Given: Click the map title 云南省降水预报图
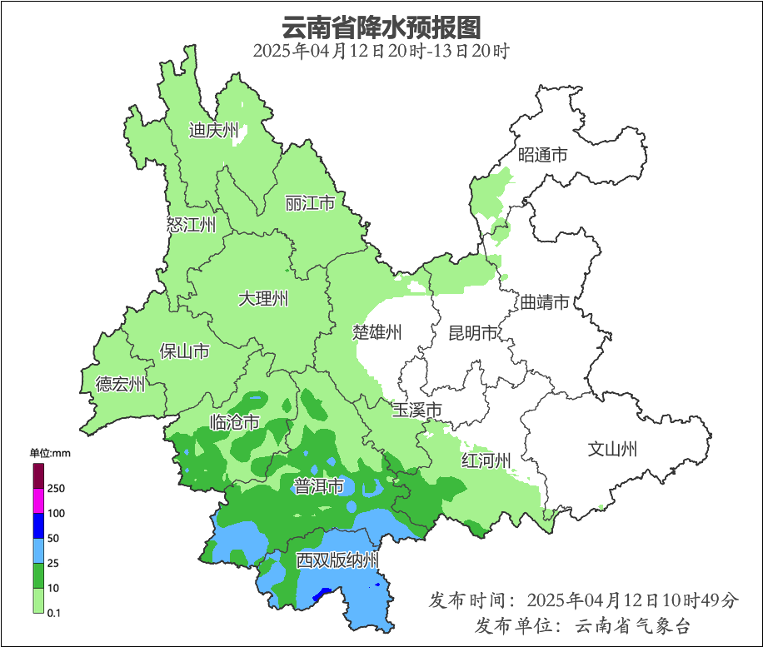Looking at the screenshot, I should pyautogui.click(x=381, y=27).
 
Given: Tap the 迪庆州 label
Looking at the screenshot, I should pyautogui.click(x=213, y=130).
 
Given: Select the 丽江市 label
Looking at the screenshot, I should pyautogui.click(x=309, y=203).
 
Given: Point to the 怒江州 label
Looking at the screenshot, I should pyautogui.click(x=191, y=225).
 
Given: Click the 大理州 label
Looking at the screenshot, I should pyautogui.click(x=263, y=298).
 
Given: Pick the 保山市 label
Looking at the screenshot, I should pyautogui.click(x=184, y=351).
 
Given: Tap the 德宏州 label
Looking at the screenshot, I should pyautogui.click(x=120, y=384).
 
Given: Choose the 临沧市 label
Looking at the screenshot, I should pyautogui.click(x=234, y=422).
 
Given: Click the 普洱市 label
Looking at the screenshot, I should pyautogui.click(x=319, y=486).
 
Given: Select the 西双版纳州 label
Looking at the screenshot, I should pyautogui.click(x=338, y=560).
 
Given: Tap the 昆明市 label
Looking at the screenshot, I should pyautogui.click(x=472, y=333).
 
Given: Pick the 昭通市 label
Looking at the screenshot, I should pyautogui.click(x=542, y=155).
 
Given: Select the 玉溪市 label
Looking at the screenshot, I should pyautogui.click(x=416, y=410).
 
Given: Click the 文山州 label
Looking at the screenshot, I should pyautogui.click(x=612, y=450).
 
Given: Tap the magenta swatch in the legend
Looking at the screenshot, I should pyautogui.click(x=37, y=500).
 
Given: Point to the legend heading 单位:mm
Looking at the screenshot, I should pyautogui.click(x=51, y=453).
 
